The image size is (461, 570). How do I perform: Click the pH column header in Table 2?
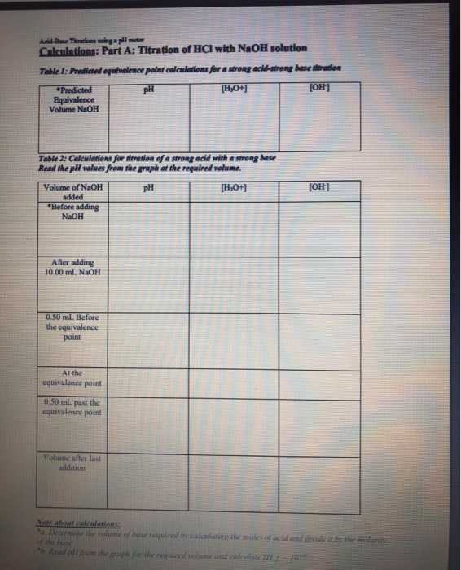pyautogui.click(x=147, y=187)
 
